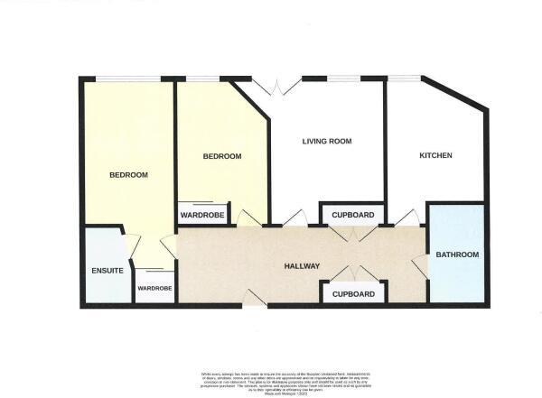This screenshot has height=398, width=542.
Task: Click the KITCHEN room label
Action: [435, 156]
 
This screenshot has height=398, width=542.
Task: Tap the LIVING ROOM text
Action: [326, 142]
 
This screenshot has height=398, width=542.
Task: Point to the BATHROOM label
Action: [457, 255]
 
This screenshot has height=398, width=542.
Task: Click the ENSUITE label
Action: [107, 272]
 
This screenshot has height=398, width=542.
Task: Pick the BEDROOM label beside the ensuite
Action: [128, 175]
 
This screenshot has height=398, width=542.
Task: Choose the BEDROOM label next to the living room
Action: [221, 156]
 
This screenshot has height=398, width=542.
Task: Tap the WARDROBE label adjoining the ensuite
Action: [154, 289]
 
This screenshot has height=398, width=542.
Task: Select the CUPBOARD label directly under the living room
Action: [353, 216]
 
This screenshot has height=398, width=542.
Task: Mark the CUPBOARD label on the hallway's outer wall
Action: [353, 295]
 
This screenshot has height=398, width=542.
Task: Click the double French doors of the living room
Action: [276, 87]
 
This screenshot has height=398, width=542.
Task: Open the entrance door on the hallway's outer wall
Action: [256, 299]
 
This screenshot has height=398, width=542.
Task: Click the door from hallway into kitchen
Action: [407, 218]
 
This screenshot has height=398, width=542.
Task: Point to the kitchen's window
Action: [404, 79]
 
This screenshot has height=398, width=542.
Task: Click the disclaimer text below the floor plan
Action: [270, 379]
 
